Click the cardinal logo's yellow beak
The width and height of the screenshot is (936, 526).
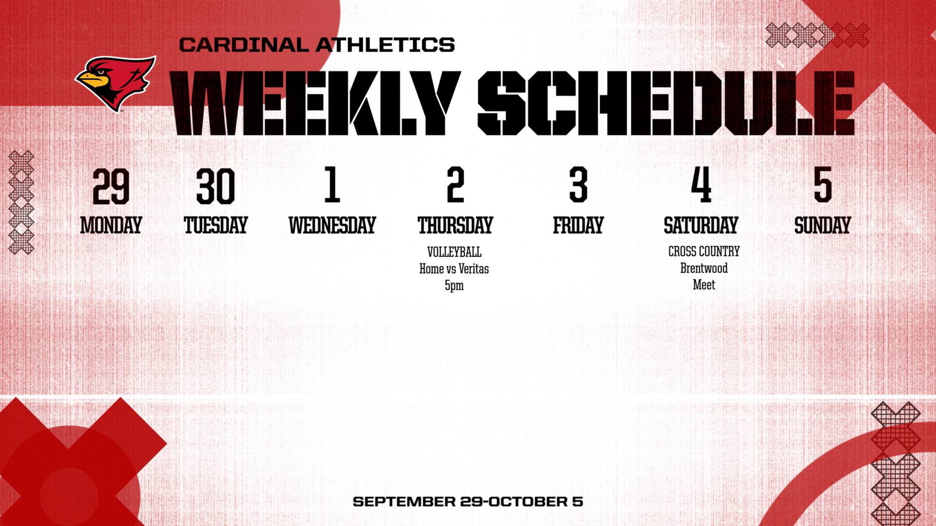point(91,79)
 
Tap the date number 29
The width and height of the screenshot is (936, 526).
point(111,186)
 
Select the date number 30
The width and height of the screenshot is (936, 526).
point(215,186)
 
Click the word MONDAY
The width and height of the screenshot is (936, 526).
point(111,225)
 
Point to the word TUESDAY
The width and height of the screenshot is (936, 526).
point(215,225)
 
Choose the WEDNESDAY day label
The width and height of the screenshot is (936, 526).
point(332,225)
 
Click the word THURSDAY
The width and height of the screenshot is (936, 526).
point(455,225)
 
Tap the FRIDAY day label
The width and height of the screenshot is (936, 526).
point(578,225)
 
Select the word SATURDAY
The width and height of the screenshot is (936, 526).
point(701,225)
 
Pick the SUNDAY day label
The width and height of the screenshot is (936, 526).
point(822,225)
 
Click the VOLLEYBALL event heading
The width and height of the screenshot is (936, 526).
point(454,252)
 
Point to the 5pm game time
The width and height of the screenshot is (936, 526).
point(454,285)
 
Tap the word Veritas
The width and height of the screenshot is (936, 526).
point(473,269)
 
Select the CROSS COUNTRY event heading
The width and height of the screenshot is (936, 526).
point(704,251)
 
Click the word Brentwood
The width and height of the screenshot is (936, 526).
point(704,268)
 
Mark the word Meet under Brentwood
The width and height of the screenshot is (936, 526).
point(704,285)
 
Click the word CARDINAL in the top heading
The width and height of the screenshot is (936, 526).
point(244,45)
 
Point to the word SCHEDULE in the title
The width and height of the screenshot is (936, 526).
point(666,103)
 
